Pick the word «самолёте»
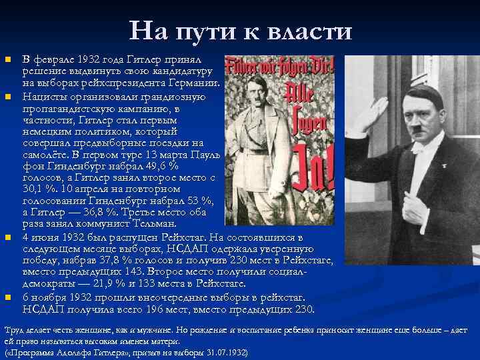tap(46, 153)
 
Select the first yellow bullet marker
tap(9, 61)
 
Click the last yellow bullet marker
tap(9, 297)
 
